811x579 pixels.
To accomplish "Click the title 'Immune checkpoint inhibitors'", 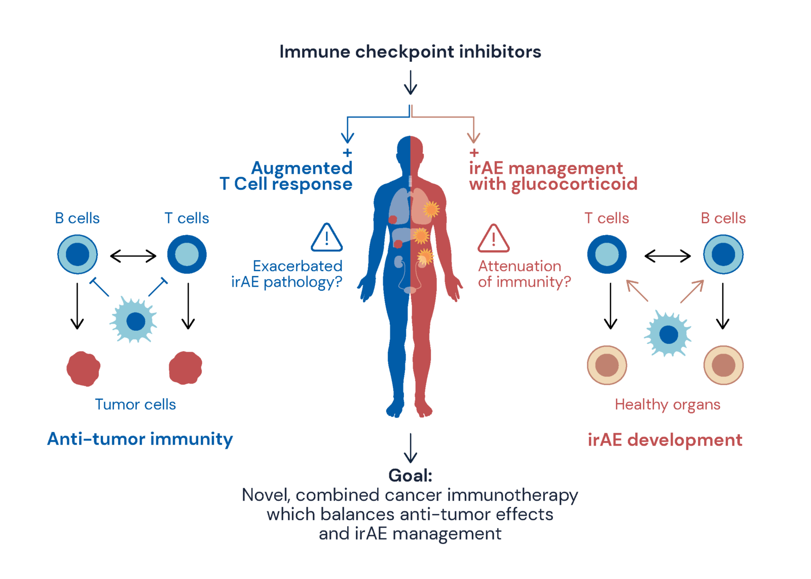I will [x=410, y=52].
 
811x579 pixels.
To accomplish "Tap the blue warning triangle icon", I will [x=326, y=238].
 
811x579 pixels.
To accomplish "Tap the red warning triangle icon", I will [x=493, y=239].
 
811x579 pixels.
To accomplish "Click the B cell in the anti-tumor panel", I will [x=78, y=254].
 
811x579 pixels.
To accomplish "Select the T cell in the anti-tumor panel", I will [x=187, y=254].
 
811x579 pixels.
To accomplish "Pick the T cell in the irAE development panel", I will [x=607, y=254].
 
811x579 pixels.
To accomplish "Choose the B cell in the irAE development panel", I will [x=723, y=254].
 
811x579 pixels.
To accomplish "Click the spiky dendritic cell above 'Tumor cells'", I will [x=134, y=321].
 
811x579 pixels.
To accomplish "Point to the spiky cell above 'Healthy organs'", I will [x=668, y=334].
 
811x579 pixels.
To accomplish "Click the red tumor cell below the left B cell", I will [x=83, y=368].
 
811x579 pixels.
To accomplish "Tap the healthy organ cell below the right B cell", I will [x=723, y=365].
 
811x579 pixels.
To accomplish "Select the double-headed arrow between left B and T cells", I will [x=133, y=256].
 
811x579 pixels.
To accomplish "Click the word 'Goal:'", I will [x=410, y=476].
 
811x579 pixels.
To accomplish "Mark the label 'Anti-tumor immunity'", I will [x=140, y=439].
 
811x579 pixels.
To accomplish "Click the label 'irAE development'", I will [x=665, y=440].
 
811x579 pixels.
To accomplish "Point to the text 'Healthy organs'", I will [x=667, y=404].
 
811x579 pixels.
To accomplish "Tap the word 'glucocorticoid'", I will [x=574, y=184].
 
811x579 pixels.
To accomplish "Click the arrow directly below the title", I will [x=410, y=83].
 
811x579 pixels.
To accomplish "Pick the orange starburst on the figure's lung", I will [x=431, y=209].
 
